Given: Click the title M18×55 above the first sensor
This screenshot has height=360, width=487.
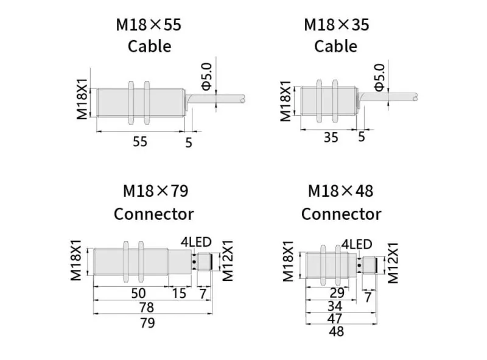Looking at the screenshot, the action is point(149,25).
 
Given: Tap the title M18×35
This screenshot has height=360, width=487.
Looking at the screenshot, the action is point(337,25).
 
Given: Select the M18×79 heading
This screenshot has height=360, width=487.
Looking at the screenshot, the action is point(156,191).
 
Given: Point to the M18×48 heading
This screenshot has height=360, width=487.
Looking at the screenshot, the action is point(340,191).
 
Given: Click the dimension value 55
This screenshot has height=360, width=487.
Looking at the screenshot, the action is point(140,141).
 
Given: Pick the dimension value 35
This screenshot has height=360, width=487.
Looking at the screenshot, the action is point(331,137).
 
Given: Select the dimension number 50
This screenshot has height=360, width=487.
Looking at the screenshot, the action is point(138,293).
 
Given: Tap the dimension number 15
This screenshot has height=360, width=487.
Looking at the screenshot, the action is point(179,293).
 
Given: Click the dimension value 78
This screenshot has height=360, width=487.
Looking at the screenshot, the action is point(146,308).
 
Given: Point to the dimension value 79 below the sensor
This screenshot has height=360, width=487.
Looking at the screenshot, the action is point(147,323).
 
